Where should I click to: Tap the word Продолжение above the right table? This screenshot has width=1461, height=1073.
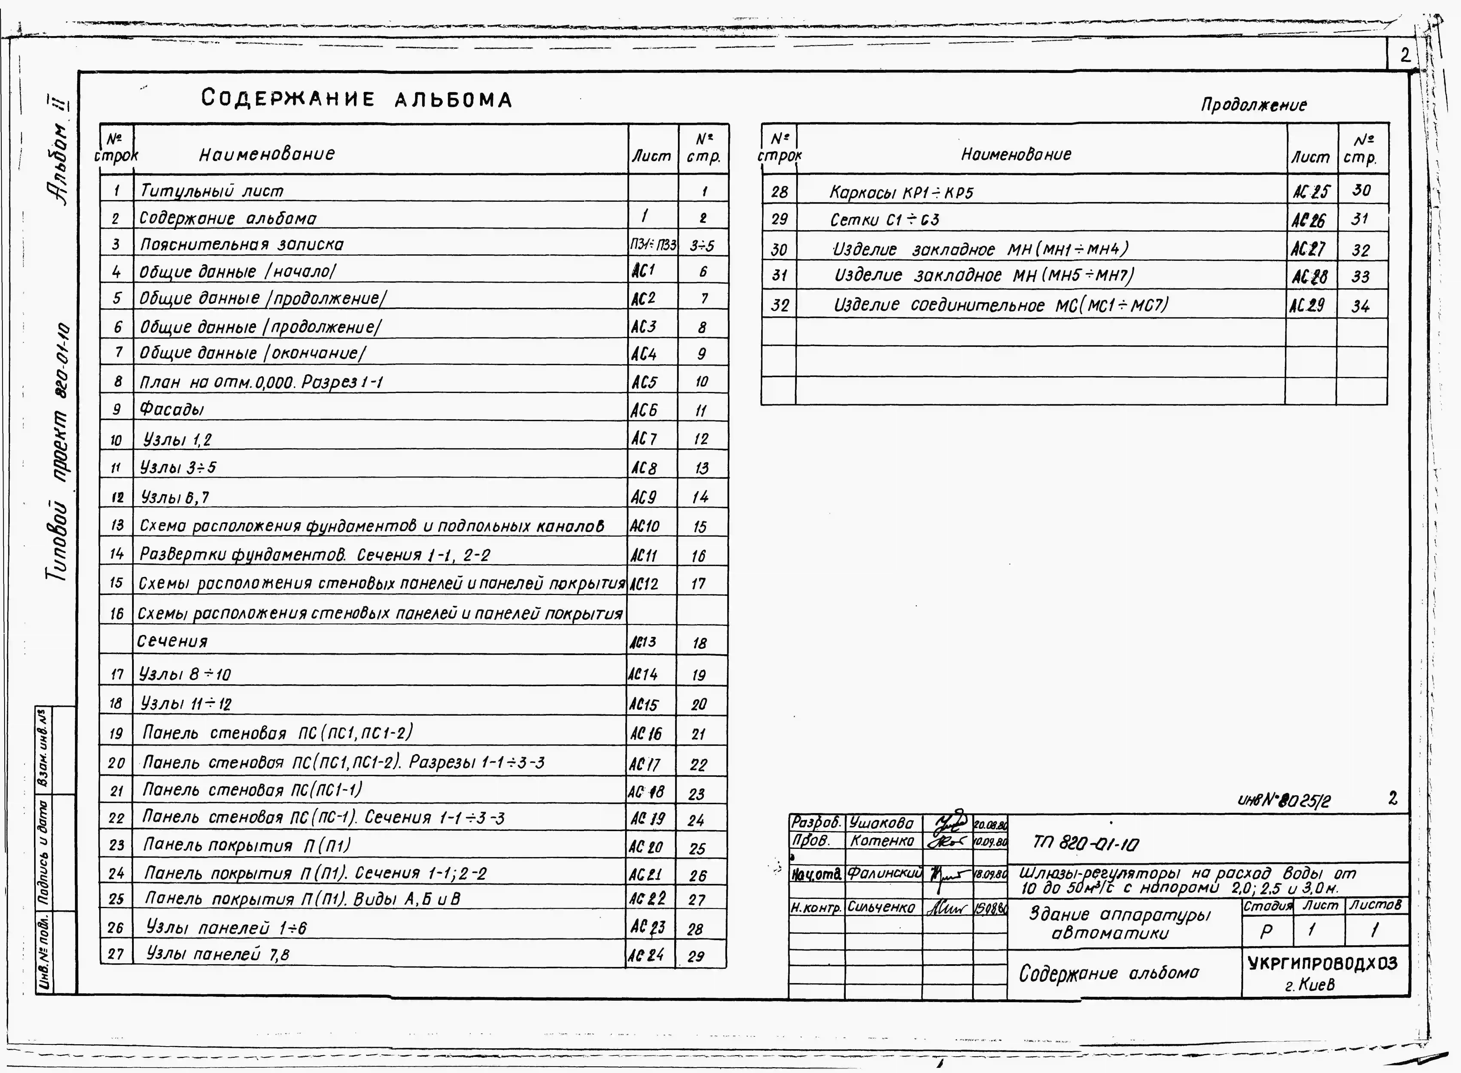pos(1253,105)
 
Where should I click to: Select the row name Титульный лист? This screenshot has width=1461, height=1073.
pos(212,191)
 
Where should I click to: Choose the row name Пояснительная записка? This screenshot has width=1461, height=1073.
pos(242,245)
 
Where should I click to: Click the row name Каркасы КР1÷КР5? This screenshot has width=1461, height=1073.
pos(901,193)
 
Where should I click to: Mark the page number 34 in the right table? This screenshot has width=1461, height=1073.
pos(1360,306)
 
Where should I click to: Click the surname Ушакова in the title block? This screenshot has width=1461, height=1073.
pos(881,824)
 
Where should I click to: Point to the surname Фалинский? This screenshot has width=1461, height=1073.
pos(885,874)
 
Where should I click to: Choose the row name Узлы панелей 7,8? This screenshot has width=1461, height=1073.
pos(218,954)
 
